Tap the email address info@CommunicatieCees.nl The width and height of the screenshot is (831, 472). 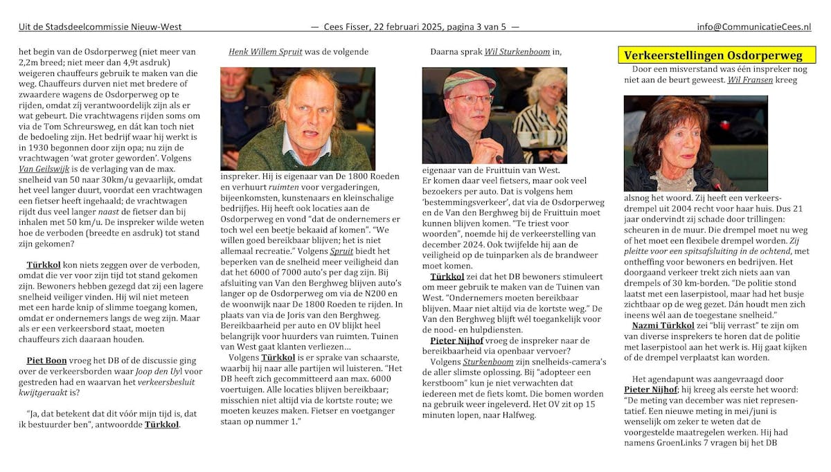point(753,27)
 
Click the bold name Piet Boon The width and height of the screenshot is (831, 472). point(46,361)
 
